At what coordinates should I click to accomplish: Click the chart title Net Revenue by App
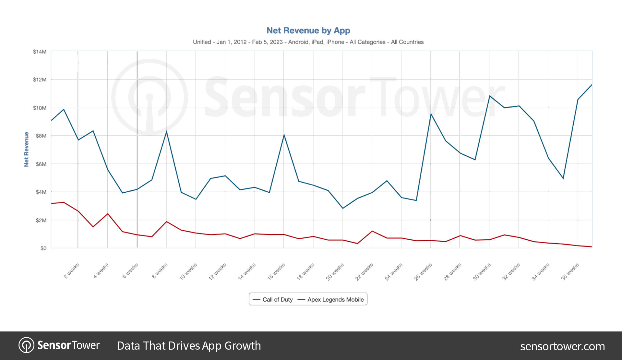click(308, 30)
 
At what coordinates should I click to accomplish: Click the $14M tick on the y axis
click(40, 52)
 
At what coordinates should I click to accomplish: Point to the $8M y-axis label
click(41, 136)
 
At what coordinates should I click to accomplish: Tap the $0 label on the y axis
click(43, 248)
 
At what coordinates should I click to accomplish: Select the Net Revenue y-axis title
click(26, 150)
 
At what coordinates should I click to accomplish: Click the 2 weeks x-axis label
click(71, 271)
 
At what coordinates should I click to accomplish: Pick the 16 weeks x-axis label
click(276, 271)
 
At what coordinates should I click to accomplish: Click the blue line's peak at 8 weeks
click(166, 131)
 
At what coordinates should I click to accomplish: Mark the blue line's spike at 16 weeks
click(284, 135)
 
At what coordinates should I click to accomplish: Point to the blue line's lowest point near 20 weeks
click(343, 208)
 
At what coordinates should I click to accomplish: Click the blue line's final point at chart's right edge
click(591, 85)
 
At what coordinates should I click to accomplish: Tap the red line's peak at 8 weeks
click(166, 222)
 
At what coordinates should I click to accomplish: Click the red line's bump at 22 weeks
click(372, 231)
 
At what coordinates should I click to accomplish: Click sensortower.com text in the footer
click(562, 346)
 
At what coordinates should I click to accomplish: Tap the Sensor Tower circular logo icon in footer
click(26, 345)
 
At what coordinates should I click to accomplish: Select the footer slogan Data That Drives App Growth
click(189, 346)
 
